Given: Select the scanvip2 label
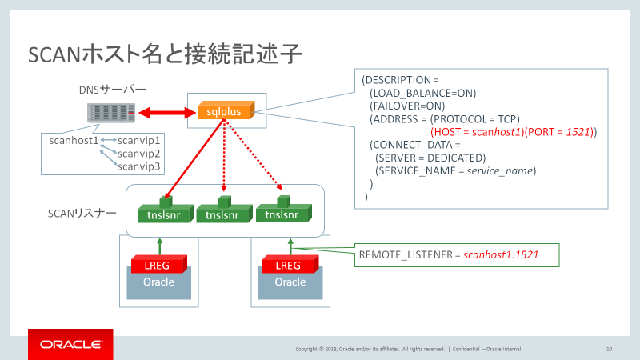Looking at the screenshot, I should pyautogui.click(x=139, y=153).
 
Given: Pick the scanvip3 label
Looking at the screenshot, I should pyautogui.click(x=139, y=166).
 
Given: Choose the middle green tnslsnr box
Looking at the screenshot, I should pyautogui.click(x=223, y=214).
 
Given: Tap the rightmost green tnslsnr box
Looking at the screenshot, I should pyautogui.click(x=282, y=214).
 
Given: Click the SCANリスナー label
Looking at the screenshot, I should pyautogui.click(x=82, y=214).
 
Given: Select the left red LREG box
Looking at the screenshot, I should pyautogui.click(x=158, y=265).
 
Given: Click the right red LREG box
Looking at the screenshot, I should pyautogui.click(x=290, y=265).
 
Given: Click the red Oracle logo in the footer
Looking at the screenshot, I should pyautogui.click(x=71, y=345).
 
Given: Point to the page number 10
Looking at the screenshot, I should pyautogui.click(x=609, y=349).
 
